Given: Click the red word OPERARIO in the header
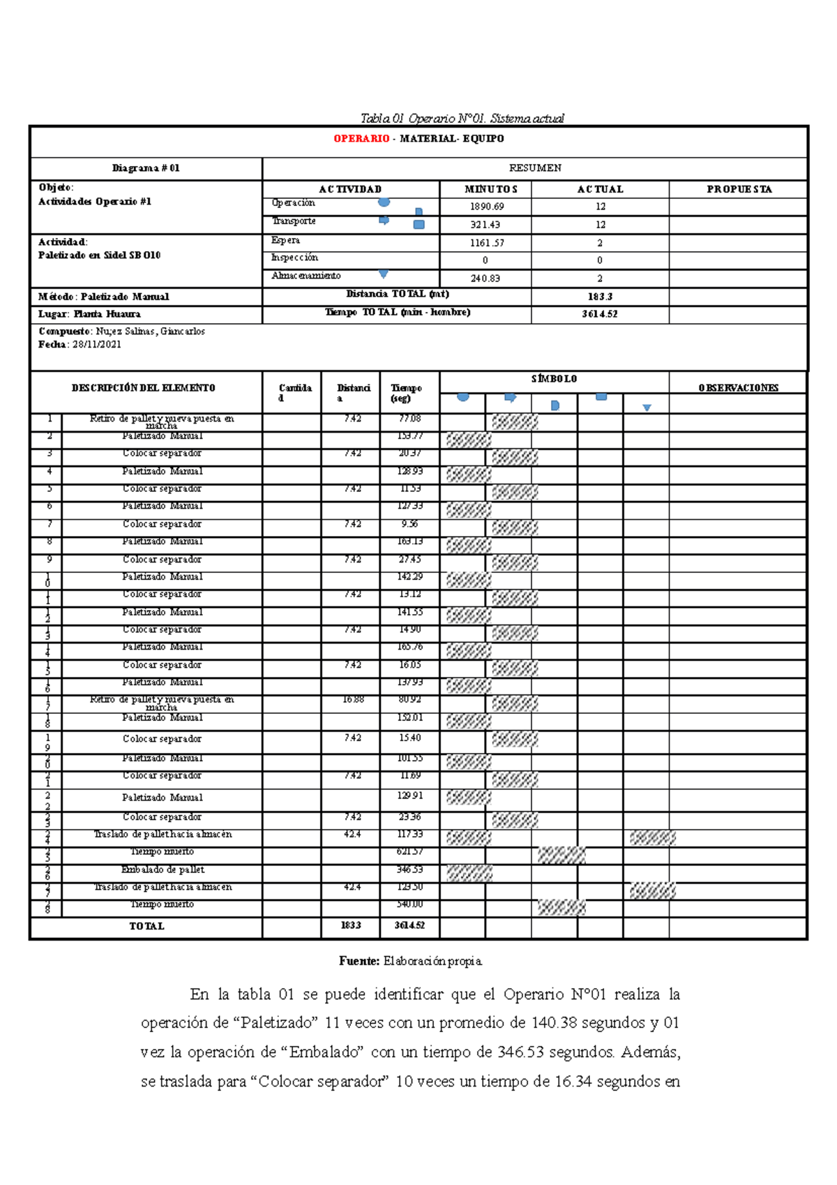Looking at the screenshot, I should [x=361, y=139].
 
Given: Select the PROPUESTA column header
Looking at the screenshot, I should [x=739, y=189].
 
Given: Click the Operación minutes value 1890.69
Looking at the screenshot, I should [x=486, y=207].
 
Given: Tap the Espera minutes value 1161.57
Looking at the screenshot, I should [x=486, y=244].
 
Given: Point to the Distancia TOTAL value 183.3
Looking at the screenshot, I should [x=600, y=297].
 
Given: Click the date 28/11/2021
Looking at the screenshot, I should [x=97, y=345].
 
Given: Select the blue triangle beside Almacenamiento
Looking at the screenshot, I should [x=383, y=275].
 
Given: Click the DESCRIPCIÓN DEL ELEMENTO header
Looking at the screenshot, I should [x=144, y=388].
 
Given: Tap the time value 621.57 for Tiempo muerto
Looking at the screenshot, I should [x=409, y=852].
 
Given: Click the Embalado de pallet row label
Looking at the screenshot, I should [x=163, y=870].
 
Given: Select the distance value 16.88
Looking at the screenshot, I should [x=352, y=699].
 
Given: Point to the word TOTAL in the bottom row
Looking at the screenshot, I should [x=146, y=926].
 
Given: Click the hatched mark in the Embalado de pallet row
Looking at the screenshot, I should [x=469, y=872].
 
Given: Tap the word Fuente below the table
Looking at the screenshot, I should [x=359, y=962].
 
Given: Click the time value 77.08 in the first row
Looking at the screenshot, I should [x=409, y=419].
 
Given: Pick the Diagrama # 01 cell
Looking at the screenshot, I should [x=146, y=168].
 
